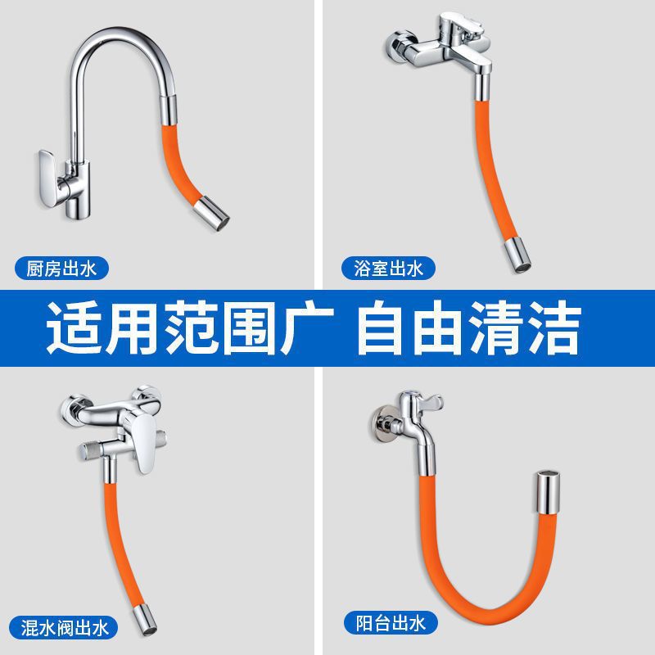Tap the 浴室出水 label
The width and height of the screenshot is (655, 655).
[388, 268]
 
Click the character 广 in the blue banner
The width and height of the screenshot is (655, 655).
[311, 328]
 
